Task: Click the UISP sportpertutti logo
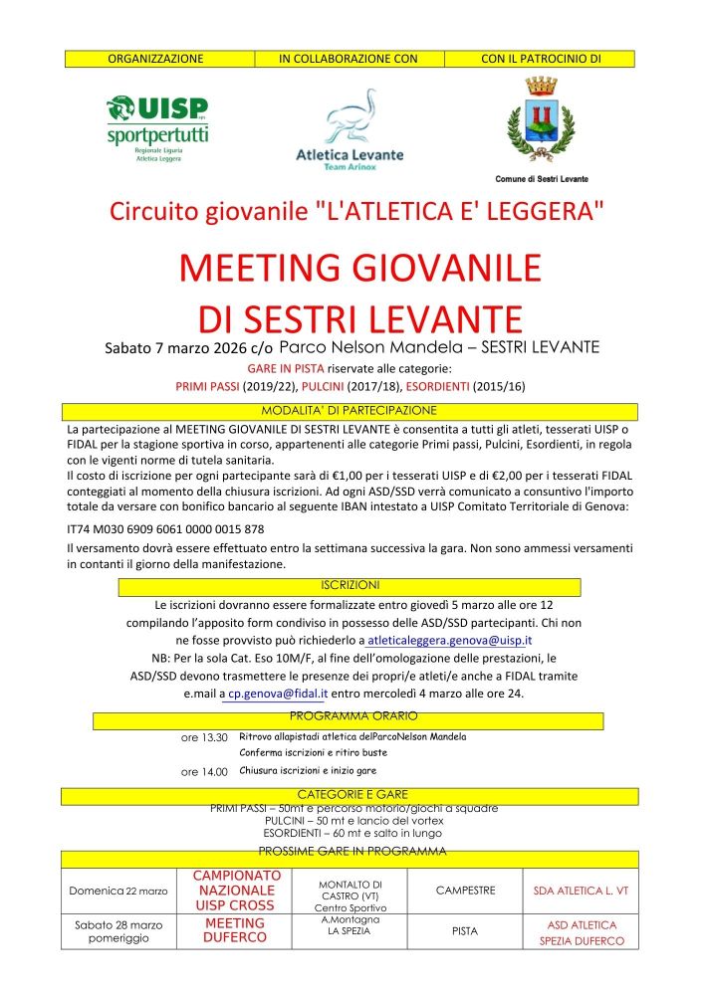coord(158,127)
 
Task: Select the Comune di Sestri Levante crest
coord(542,129)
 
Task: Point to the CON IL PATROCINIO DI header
coord(541,59)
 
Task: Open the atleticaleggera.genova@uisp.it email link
coord(449,640)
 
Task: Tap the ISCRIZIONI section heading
coord(351,585)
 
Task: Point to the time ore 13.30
coord(204,737)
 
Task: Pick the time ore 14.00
coord(204,771)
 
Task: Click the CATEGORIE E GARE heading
coord(350,794)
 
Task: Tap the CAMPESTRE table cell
coord(465,890)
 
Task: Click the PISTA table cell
coord(465,931)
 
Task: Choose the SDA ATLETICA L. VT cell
coord(582,890)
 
